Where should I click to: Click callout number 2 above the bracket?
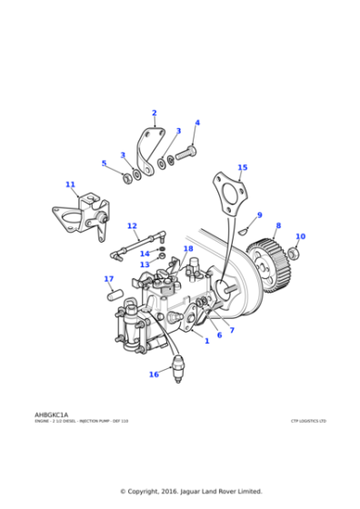(154, 114)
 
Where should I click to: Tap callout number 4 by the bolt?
(197, 123)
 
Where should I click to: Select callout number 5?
(104, 164)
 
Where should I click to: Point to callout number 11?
(70, 185)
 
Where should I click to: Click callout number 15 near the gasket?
(242, 167)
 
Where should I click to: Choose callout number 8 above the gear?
(278, 225)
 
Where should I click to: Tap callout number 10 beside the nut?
(301, 236)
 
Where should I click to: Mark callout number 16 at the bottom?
(154, 374)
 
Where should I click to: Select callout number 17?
(108, 279)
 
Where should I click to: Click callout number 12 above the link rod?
(132, 225)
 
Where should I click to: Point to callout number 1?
(206, 341)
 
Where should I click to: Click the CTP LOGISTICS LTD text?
(307, 421)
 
